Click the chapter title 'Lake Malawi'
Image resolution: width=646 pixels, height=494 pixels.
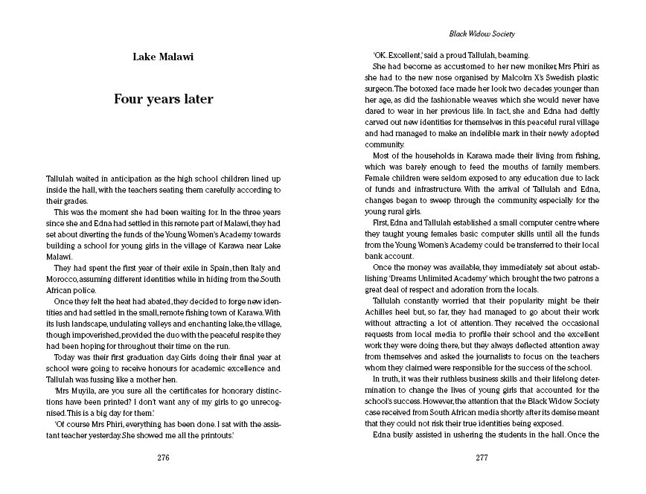point(163,56)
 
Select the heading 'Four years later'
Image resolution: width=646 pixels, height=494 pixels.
point(163,99)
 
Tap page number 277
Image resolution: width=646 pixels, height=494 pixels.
point(481,458)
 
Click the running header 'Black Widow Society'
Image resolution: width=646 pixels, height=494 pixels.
point(482,33)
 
